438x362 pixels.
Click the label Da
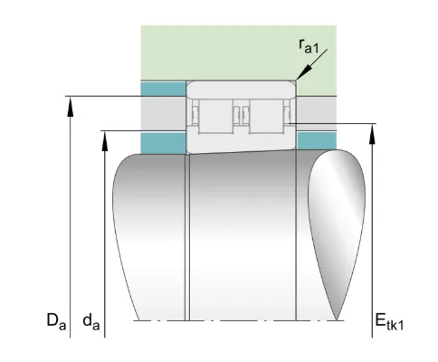tap(56, 321)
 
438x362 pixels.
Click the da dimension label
tap(91, 321)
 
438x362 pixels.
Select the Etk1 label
tap(389, 321)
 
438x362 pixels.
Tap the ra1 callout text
tap(309, 47)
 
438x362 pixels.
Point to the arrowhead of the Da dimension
tap(70, 106)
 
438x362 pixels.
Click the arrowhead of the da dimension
tap(104, 140)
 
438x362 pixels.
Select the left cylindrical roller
tap(215, 116)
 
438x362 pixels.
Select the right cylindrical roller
tap(266, 116)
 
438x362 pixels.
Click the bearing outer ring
tap(241, 90)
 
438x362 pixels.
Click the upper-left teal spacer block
tap(163, 89)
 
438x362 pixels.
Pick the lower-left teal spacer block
tap(163, 143)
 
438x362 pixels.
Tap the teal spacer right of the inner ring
tap(317, 140)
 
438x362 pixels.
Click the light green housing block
tap(239, 52)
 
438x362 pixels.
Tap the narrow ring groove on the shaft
tap(187, 237)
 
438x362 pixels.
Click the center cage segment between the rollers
tap(242, 116)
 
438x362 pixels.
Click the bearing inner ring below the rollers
tap(241, 140)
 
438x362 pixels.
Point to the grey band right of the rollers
tap(317, 114)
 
